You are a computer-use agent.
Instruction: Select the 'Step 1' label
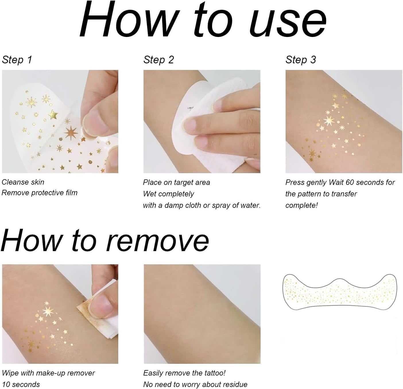[x=17, y=60]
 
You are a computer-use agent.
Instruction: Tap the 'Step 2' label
[x=159, y=60]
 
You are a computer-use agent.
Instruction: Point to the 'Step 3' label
[x=301, y=60]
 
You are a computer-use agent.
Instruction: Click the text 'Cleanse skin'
[x=23, y=182]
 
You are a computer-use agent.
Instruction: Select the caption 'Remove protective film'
[x=40, y=193]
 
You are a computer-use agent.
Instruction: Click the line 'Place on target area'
[x=176, y=182]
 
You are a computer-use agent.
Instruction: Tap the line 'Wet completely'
[x=168, y=194]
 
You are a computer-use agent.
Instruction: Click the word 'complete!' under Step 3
[x=301, y=205]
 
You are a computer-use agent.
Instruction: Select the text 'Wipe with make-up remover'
[x=48, y=373]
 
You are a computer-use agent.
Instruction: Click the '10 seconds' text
[x=21, y=384]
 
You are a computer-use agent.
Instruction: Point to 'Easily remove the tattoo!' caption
[x=184, y=373]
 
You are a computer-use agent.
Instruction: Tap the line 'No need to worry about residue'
[x=195, y=384]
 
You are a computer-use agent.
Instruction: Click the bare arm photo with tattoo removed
[x=202, y=314]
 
